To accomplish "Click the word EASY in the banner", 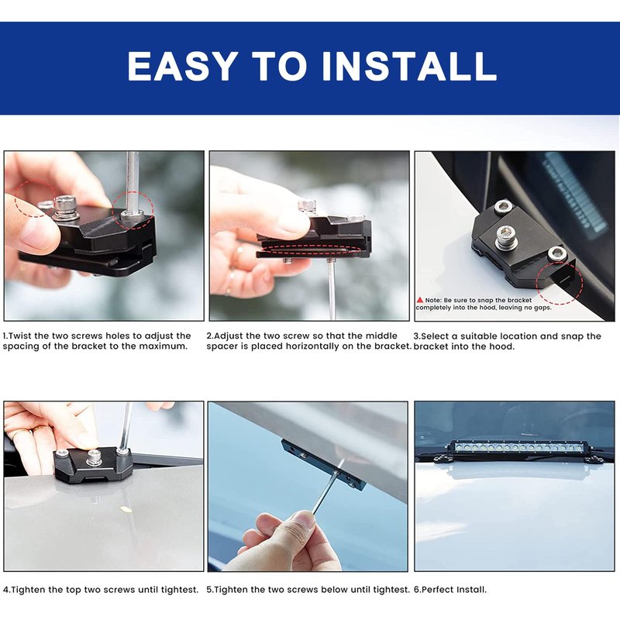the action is click(183, 66).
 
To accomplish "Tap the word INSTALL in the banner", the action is click(409, 66).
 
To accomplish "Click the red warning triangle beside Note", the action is click(420, 300).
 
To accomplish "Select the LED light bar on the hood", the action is click(518, 448).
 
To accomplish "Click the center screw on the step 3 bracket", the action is click(505, 236).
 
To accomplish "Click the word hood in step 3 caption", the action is click(503, 346).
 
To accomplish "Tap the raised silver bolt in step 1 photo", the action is click(64, 205).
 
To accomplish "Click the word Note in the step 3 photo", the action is click(433, 300).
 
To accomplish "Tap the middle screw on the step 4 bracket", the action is click(94, 456).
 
